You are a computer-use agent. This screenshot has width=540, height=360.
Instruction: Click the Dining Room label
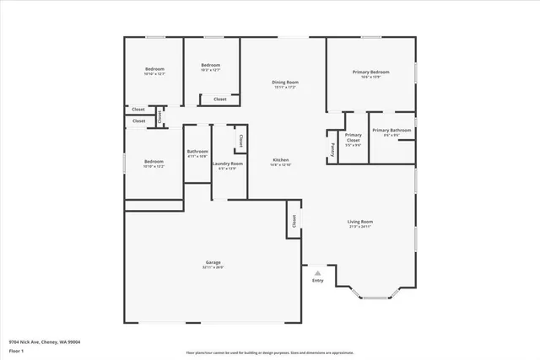tap(285, 82)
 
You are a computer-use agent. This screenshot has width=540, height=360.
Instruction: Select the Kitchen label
tap(280, 159)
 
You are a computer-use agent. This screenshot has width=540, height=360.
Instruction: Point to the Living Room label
tap(360, 222)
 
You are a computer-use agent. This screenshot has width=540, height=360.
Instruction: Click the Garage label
tap(213, 262)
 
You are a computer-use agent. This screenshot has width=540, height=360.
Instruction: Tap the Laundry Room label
tap(227, 164)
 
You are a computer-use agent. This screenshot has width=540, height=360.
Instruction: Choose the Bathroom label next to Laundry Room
tap(197, 152)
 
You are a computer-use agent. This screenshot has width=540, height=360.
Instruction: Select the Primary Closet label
tap(353, 137)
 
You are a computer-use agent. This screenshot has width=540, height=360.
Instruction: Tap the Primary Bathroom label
tap(392, 130)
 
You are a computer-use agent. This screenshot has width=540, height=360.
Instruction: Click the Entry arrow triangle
tap(317, 272)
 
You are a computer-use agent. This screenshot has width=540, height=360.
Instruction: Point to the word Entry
tap(317, 280)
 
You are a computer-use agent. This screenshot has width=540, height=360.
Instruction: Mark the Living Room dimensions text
tap(360, 227)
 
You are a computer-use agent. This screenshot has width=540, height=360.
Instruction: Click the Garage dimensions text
tap(213, 267)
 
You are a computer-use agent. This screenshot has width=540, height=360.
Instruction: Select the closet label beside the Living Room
tap(294, 221)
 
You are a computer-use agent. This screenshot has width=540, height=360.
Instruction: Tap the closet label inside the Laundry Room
tap(240, 141)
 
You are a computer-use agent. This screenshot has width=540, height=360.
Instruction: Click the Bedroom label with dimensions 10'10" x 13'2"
tap(154, 161)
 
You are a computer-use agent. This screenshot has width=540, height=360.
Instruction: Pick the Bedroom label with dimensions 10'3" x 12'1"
tap(210, 66)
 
